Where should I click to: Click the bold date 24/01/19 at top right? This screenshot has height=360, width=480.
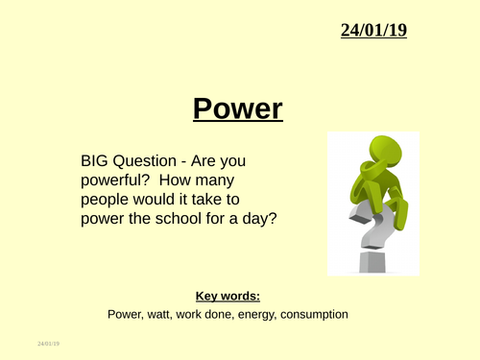coord(373,31)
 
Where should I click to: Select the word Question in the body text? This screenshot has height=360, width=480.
coord(148,163)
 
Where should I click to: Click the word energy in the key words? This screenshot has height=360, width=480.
coord(254,314)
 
